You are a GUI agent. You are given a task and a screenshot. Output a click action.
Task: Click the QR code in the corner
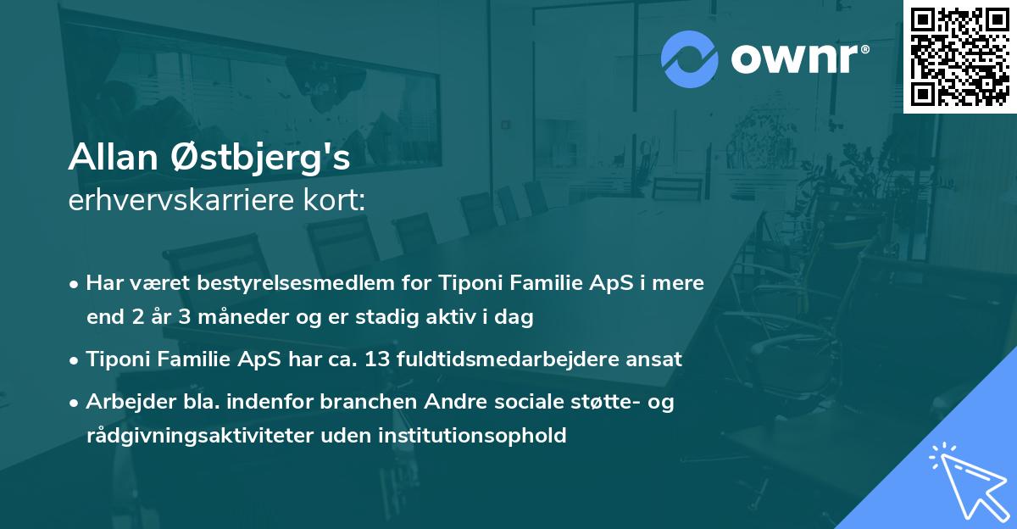(x=960, y=56)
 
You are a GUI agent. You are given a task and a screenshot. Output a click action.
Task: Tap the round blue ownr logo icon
(x=690, y=59)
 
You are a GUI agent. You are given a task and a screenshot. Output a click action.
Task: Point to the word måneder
(x=240, y=318)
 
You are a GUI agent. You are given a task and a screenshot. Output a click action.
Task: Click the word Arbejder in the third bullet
(x=125, y=402)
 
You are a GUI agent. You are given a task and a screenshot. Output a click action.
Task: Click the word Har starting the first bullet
(x=103, y=282)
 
